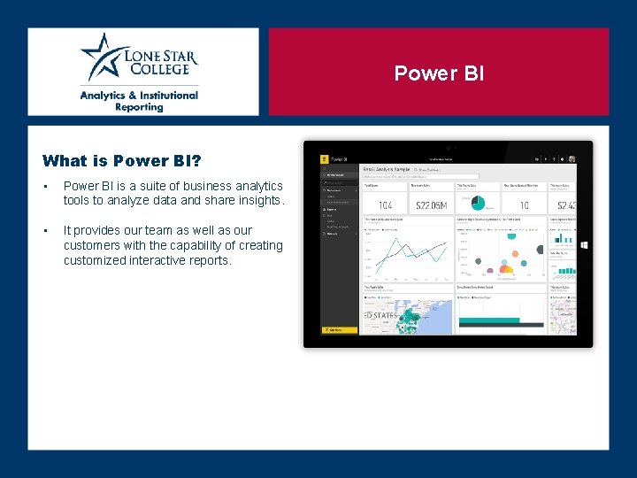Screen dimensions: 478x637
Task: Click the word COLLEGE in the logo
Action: tap(157, 69)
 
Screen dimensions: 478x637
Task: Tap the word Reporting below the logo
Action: tap(139, 107)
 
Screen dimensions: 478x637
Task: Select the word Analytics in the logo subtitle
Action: tap(109, 95)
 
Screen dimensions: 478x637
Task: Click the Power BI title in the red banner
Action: tap(439, 73)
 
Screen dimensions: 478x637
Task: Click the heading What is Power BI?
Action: tap(121, 161)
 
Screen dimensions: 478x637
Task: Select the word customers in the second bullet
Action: tap(93, 245)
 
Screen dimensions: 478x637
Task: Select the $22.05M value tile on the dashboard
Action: tap(431, 204)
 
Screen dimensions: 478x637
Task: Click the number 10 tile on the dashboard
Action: tap(524, 204)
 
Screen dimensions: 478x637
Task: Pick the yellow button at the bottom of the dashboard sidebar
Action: tap(339, 330)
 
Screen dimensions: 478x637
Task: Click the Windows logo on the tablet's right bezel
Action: tap(584, 244)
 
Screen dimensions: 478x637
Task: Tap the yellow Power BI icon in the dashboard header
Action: tap(325, 160)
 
